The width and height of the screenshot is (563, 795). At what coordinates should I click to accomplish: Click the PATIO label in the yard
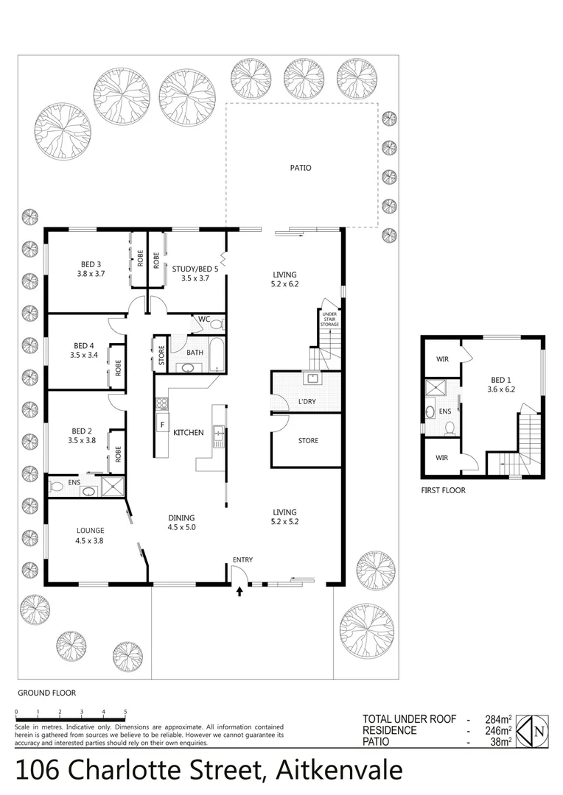pos(301,168)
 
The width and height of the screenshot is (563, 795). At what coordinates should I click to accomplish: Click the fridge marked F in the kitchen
pos(162,425)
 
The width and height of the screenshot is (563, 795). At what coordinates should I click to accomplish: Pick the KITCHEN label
pos(188,433)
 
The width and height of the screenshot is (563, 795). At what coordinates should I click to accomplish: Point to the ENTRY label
pos(242,560)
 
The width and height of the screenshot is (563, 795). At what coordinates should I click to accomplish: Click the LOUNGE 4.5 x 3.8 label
pos(90,535)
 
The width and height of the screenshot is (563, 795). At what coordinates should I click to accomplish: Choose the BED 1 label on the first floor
pos(501,385)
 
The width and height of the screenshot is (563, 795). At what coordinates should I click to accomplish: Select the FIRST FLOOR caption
pos(443,490)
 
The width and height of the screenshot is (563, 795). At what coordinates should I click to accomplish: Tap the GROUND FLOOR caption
pos(46,693)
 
